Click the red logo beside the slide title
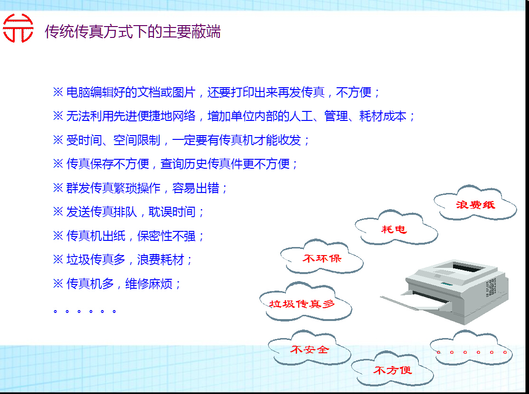point(18,29)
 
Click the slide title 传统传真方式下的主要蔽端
point(132,32)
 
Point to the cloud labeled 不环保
point(321,259)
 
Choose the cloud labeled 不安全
point(309,350)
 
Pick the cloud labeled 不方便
point(392,370)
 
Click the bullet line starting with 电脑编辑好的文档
point(217,92)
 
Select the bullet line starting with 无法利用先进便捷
point(234,116)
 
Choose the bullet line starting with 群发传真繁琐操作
point(141,188)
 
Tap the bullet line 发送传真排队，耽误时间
point(129,212)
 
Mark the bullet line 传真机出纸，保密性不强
point(129,236)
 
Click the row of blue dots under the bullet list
point(85,311)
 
